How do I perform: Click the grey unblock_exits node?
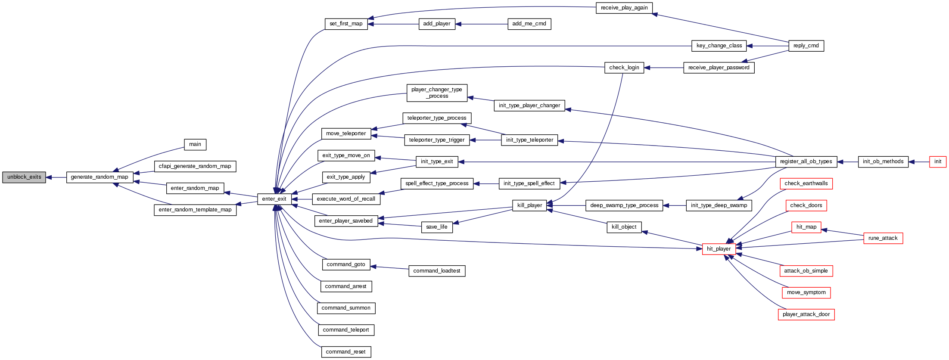[24, 177]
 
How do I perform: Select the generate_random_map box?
[100, 177]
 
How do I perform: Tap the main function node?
[195, 144]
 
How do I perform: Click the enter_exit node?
[274, 199]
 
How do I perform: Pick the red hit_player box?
[719, 249]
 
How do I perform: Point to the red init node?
[937, 161]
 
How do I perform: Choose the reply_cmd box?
[806, 46]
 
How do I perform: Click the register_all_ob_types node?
[806, 161]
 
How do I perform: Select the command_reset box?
[345, 352]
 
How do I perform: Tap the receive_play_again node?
[624, 8]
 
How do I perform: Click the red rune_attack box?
[883, 238]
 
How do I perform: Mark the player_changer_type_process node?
[436, 93]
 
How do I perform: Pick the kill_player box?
[529, 205]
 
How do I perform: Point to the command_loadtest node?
[436, 271]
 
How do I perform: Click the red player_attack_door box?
[806, 314]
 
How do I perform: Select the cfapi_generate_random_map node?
[195, 166]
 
